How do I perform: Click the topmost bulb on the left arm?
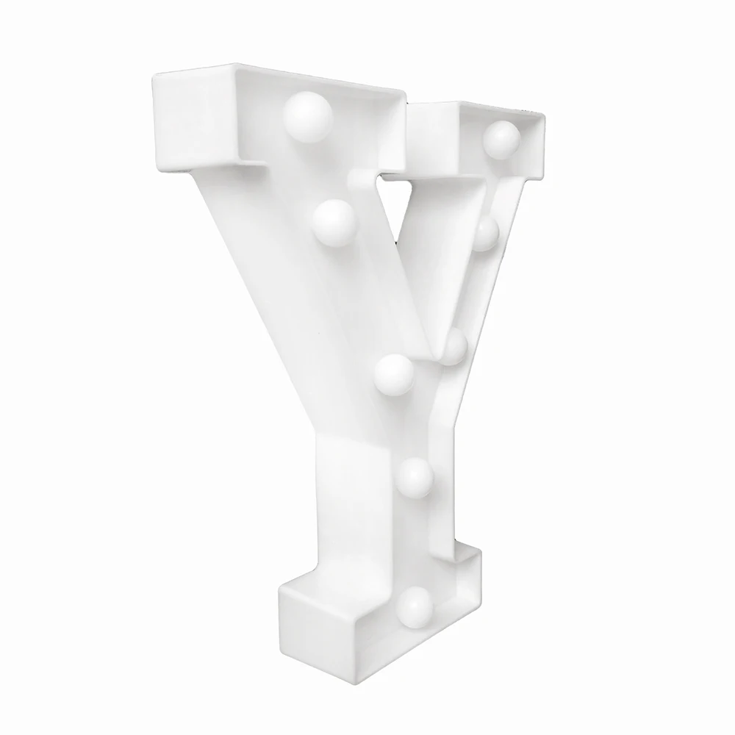(308, 116)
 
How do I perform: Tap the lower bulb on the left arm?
(334, 223)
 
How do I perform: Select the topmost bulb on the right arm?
(502, 140)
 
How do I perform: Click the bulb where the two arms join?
(394, 375)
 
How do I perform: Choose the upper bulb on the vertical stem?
(414, 478)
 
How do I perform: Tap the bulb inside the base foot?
(414, 608)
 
